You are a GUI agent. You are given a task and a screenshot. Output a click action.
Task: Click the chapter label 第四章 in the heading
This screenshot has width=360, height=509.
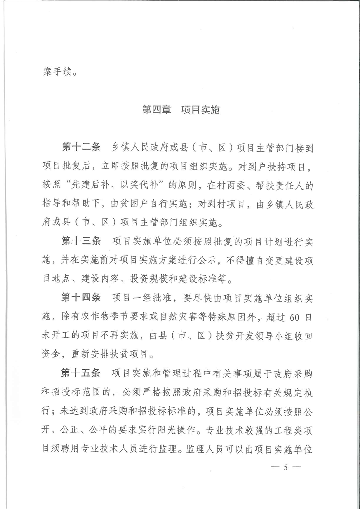pos(155,110)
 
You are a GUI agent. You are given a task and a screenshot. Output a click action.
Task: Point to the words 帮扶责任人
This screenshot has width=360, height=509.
pos(284,186)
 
